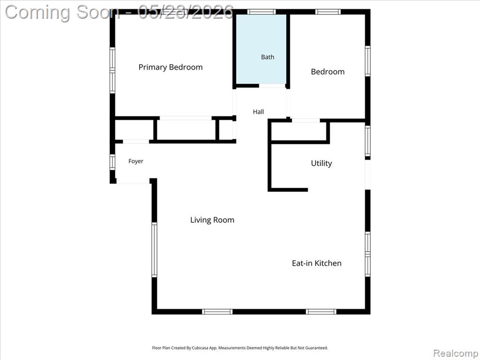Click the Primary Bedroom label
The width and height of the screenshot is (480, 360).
coord(171,67)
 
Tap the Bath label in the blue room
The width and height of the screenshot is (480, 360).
coord(268,57)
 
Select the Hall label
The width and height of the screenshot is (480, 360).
coord(258,112)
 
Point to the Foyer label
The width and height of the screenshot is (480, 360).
coord(135,161)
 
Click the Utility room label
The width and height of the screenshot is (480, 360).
coord(322,163)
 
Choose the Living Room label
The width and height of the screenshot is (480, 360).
coord(212,220)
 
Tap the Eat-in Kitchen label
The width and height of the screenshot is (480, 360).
coord(316,263)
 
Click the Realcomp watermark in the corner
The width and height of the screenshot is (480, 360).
coord(456,353)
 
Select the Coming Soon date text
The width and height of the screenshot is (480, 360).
coord(119,13)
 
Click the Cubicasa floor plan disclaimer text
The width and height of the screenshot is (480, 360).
coord(240,348)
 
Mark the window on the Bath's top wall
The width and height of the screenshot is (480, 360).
coord(262,12)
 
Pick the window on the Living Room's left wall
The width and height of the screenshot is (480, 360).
coord(154,250)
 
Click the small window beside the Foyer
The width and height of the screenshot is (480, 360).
coord(112,162)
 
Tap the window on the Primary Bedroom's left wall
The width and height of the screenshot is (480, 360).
coord(112,70)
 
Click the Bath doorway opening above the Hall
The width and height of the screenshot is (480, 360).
coord(272,86)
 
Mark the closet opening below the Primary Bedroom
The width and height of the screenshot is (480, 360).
coord(186,118)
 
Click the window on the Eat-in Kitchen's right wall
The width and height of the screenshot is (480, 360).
coord(367,254)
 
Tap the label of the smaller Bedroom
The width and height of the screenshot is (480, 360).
coord(328,72)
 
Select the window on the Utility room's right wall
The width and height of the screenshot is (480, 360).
coord(367,141)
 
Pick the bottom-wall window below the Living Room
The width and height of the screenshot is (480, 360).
coord(217,312)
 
